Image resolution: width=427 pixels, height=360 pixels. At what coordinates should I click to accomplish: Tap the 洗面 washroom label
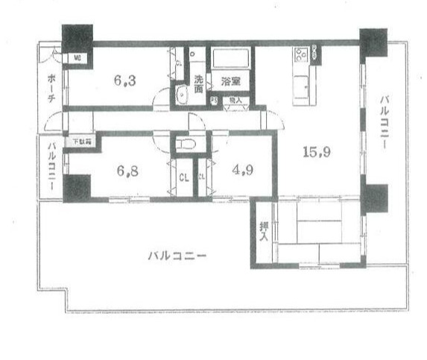click(198, 83)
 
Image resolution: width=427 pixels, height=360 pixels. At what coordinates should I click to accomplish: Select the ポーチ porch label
click(51, 88)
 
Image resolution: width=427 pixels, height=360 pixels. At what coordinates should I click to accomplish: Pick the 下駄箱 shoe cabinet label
click(80, 142)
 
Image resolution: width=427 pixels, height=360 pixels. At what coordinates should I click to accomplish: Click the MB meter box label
click(77, 57)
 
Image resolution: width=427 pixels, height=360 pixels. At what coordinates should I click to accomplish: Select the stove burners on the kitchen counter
click(302, 54)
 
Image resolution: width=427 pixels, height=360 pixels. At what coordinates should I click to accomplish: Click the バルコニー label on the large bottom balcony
click(176, 256)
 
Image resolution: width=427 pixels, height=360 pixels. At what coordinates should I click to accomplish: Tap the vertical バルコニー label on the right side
click(385, 121)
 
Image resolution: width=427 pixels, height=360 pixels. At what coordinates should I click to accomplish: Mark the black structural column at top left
click(76, 37)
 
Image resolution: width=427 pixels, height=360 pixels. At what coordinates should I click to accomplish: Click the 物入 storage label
click(235, 99)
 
